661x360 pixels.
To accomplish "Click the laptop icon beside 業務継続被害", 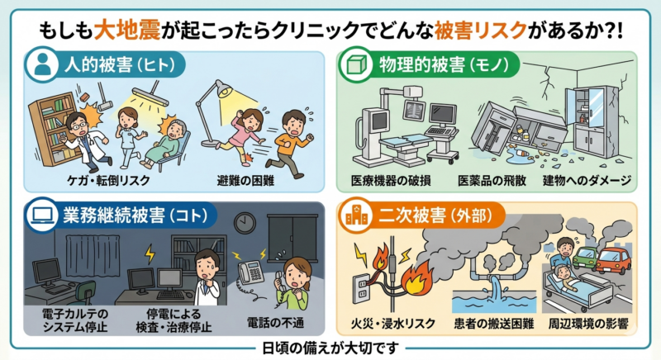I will pyautogui.click(x=40, y=215).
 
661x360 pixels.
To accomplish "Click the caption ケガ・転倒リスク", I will pyautogui.click(x=97, y=179).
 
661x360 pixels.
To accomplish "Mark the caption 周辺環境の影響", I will pyautogui.click(x=589, y=320).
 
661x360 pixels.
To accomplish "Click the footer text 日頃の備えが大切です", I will pyautogui.click(x=330, y=348).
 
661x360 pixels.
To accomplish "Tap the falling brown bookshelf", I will pyautogui.click(x=55, y=124).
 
